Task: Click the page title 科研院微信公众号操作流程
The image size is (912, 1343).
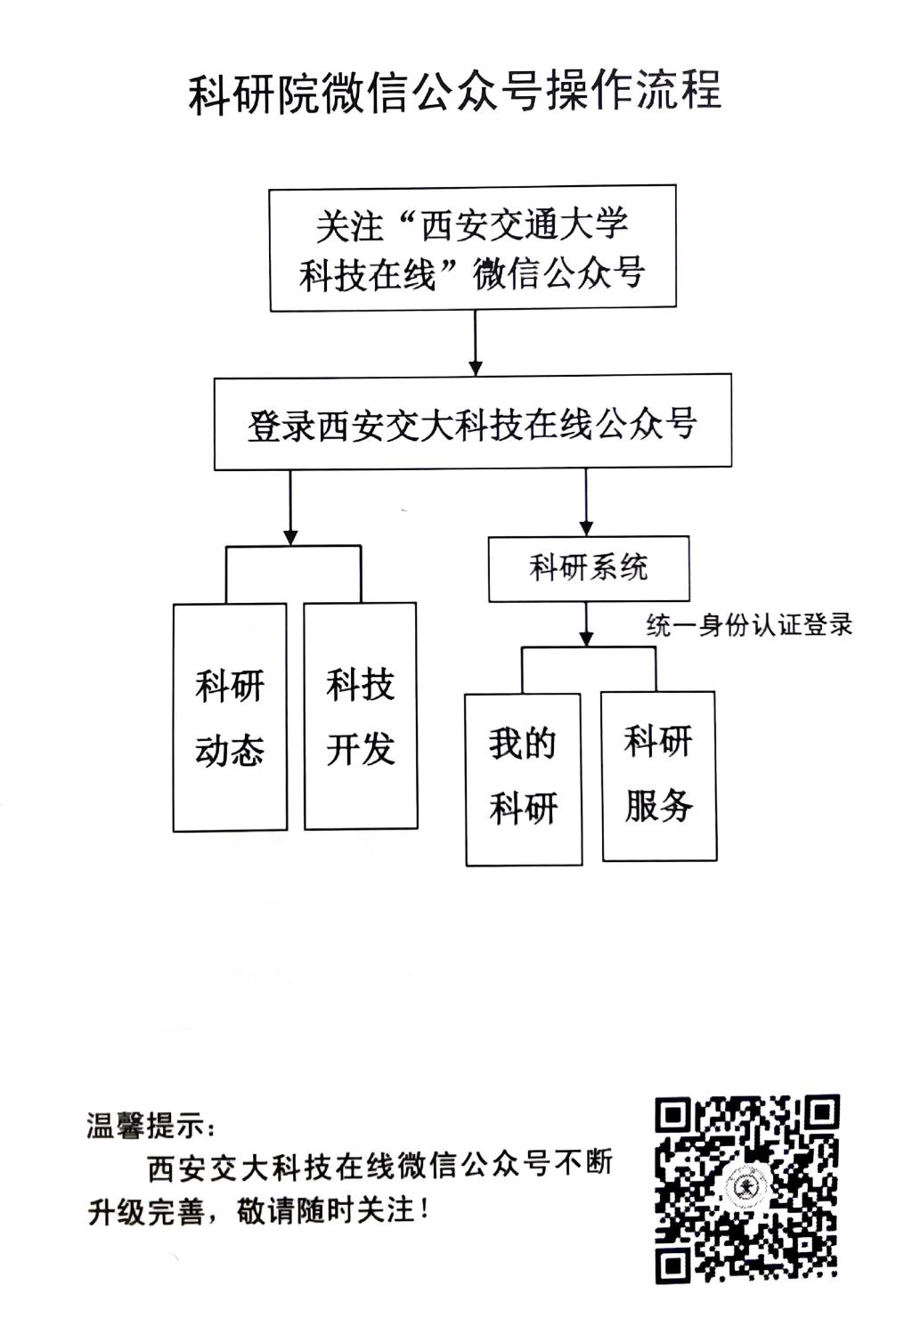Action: pyautogui.click(x=454, y=93)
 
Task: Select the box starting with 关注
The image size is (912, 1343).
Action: pyautogui.click(x=473, y=248)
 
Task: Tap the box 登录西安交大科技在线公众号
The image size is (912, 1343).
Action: pyautogui.click(x=472, y=423)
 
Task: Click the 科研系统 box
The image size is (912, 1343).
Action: pyautogui.click(x=588, y=568)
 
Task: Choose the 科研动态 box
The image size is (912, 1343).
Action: pyautogui.click(x=230, y=717)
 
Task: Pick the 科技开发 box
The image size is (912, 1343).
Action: pyautogui.click(x=361, y=716)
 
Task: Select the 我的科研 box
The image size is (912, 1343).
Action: pyautogui.click(x=524, y=778)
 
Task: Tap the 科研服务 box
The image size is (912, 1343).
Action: pyautogui.click(x=659, y=775)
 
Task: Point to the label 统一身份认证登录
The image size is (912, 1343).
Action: pyautogui.click(x=749, y=625)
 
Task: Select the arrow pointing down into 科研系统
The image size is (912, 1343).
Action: pyautogui.click(x=586, y=503)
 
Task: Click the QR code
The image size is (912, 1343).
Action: pyautogui.click(x=746, y=1188)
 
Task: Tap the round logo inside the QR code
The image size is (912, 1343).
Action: pyautogui.click(x=744, y=1188)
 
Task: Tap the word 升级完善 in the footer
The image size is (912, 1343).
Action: pyautogui.click(x=146, y=1212)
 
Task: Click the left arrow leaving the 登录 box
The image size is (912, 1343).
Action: pyautogui.click(x=289, y=508)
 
